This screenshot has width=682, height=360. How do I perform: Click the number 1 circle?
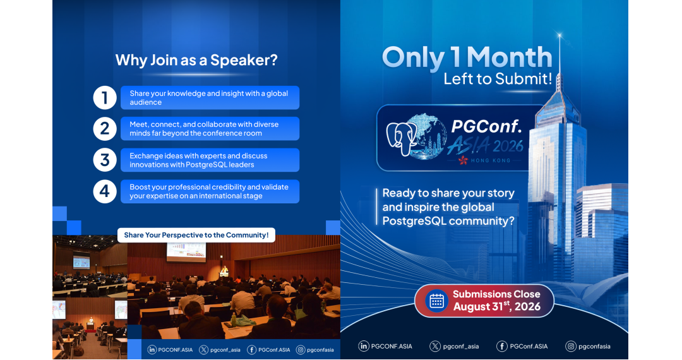coord(105,97)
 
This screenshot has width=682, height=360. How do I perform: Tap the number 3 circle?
coord(105,160)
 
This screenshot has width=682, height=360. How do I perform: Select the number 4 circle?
coord(105,191)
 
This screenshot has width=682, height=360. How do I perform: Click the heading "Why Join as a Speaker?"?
coord(196,60)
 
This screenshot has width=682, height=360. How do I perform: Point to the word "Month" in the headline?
coord(510,57)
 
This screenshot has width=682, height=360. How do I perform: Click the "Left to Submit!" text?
coord(498,79)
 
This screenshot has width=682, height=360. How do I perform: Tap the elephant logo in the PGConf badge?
coord(401,137)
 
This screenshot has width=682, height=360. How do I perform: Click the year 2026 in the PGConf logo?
coord(508,146)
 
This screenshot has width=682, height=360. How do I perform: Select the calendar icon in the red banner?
coord(436,301)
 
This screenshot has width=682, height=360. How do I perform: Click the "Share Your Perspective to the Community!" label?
coord(196,235)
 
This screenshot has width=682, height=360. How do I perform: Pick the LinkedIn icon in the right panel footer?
coord(364,346)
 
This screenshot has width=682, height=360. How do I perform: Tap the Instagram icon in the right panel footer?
coord(571,346)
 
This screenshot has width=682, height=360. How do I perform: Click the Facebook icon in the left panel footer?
coord(251,349)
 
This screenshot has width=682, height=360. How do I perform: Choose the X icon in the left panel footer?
coord(203,349)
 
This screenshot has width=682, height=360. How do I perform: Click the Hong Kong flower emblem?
coord(464,160)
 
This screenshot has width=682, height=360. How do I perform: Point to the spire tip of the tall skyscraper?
coord(559,34)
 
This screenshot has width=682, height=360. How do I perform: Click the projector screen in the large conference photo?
coord(186,253)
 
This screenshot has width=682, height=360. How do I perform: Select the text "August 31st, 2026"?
coord(497,306)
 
